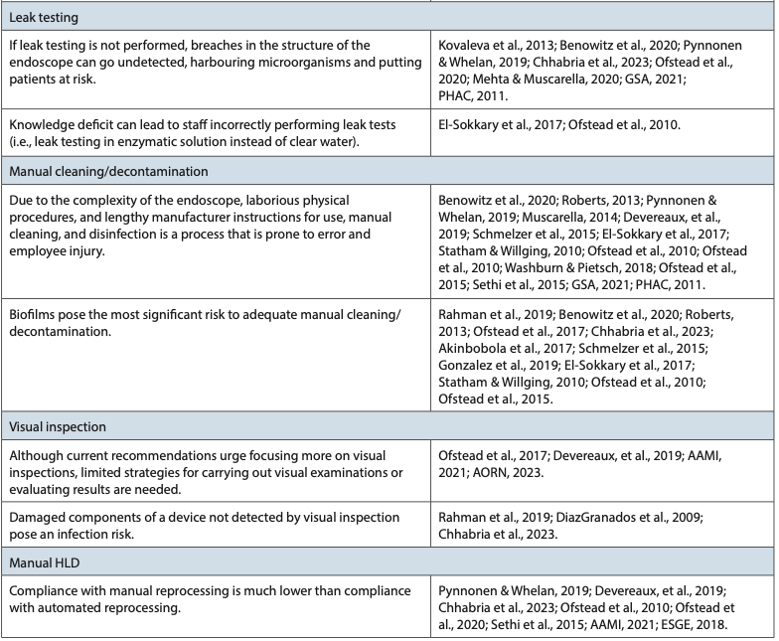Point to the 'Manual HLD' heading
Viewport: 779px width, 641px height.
[50, 563]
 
